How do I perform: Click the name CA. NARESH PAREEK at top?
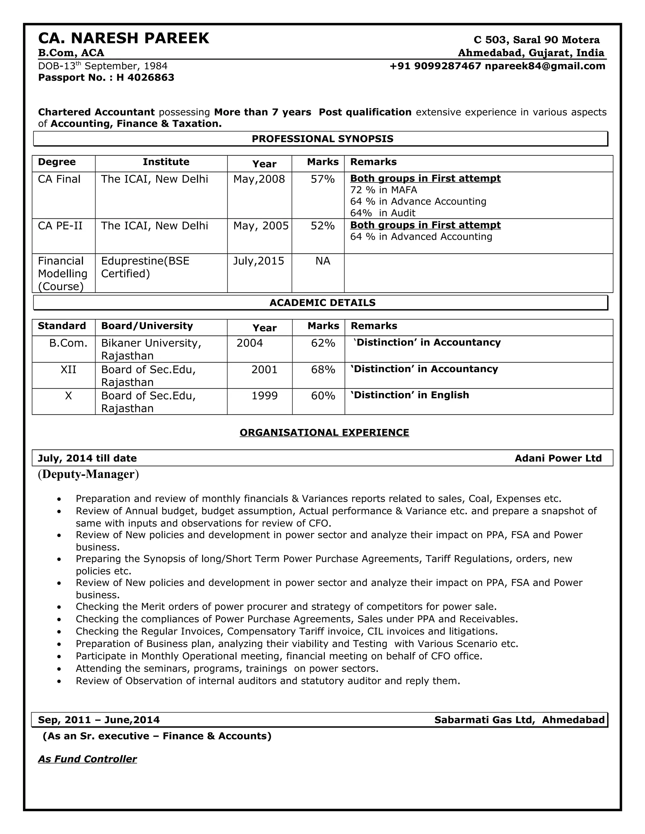pos(123,39)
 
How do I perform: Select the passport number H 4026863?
pos(145,77)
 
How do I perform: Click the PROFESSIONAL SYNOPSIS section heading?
pos(322,138)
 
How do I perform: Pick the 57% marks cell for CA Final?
pos(322,179)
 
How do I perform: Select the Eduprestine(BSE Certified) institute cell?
pos(145,267)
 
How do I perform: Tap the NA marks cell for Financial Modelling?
pos(322,261)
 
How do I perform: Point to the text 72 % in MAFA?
pos(383,190)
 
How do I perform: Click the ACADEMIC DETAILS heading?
pos(322,303)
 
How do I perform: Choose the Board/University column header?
pos(147,326)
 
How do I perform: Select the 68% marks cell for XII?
pos(322,369)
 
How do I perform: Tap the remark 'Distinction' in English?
pos(410,395)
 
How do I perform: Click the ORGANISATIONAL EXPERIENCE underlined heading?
pos(324,432)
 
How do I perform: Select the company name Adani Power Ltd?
pos(558,458)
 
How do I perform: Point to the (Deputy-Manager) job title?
pos(88,474)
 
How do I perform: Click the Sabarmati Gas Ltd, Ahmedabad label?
pos(519,720)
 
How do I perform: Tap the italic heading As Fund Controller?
pos(87,759)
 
